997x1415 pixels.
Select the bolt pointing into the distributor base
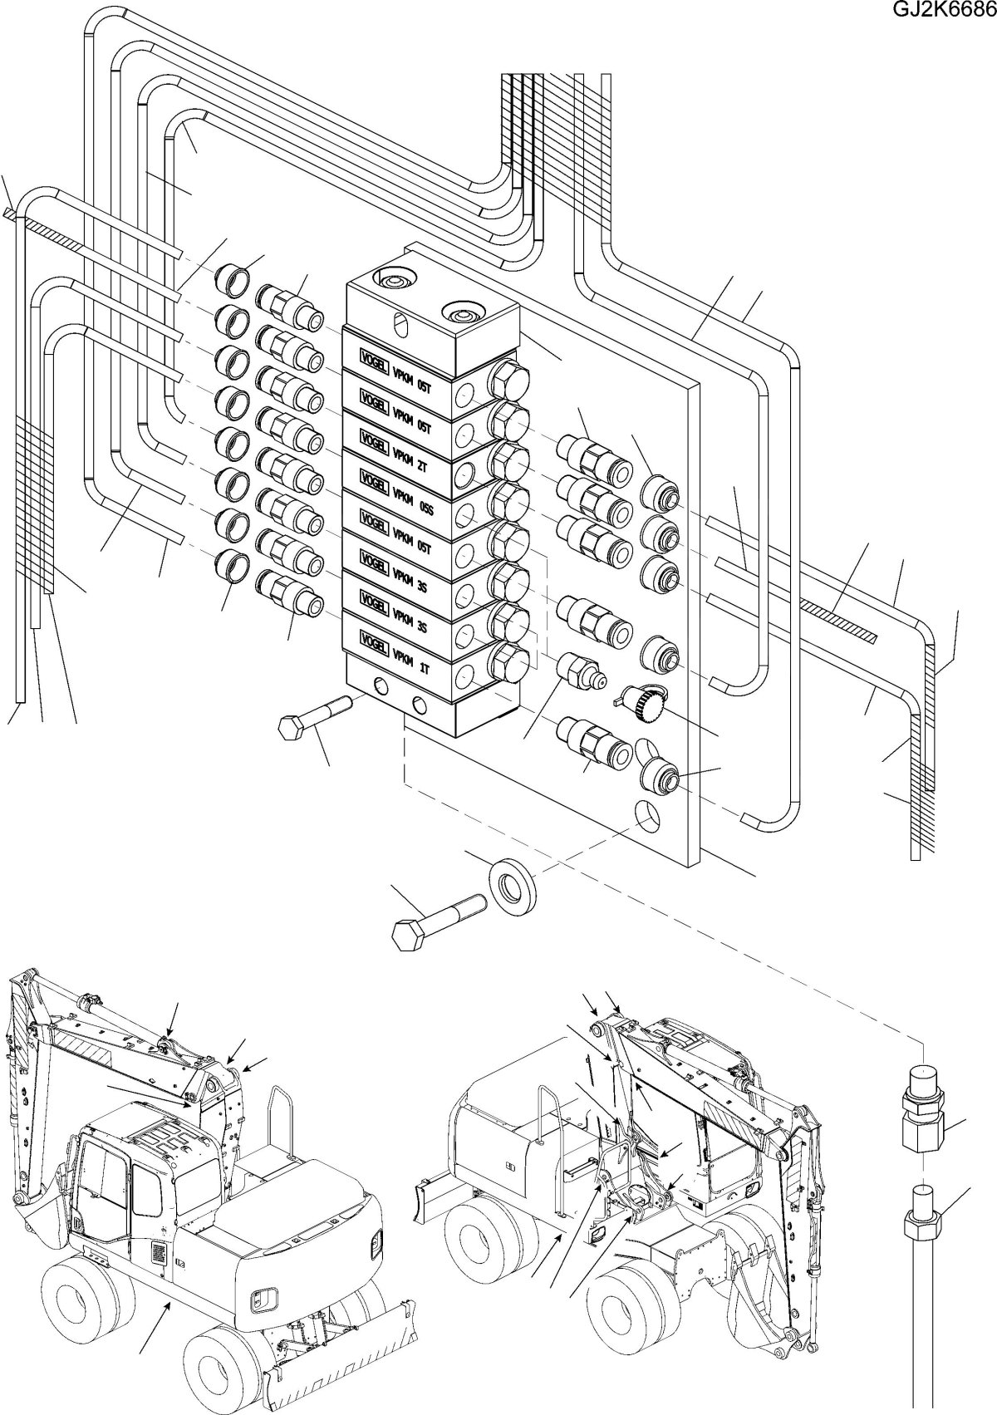click(313, 718)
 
